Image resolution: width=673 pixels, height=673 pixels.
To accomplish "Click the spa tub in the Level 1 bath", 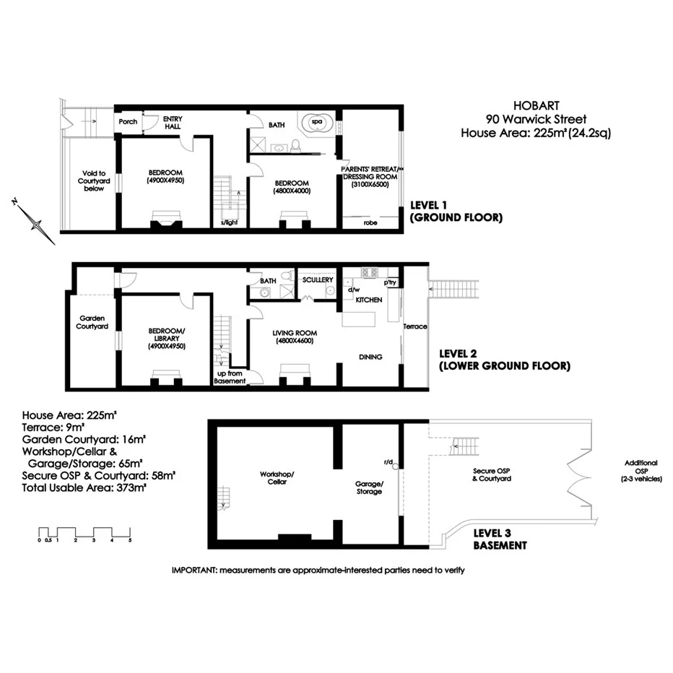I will click(x=316, y=123).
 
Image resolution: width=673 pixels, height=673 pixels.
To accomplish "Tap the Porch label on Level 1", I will click(x=128, y=121).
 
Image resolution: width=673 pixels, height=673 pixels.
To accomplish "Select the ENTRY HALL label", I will click(x=173, y=122).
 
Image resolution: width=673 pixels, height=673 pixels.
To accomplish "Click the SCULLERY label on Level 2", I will click(x=318, y=279).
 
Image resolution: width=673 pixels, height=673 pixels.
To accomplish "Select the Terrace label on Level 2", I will click(x=415, y=326).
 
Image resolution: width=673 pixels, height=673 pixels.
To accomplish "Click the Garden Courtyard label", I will click(x=93, y=322).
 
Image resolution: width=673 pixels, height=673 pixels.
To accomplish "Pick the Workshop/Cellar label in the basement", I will click(x=277, y=478).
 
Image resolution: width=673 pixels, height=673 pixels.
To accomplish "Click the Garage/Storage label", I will click(x=369, y=488).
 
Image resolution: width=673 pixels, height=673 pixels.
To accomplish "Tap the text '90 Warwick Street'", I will click(x=536, y=119).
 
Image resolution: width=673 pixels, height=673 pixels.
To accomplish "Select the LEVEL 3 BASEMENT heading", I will click(x=500, y=539).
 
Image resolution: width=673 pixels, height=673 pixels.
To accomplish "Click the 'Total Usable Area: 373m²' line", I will click(x=84, y=488).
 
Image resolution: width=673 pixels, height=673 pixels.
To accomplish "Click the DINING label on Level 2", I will click(x=370, y=357).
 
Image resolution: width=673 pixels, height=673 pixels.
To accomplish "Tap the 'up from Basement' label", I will click(x=230, y=376).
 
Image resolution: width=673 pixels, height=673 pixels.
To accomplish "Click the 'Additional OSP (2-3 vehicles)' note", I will click(x=641, y=471).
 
